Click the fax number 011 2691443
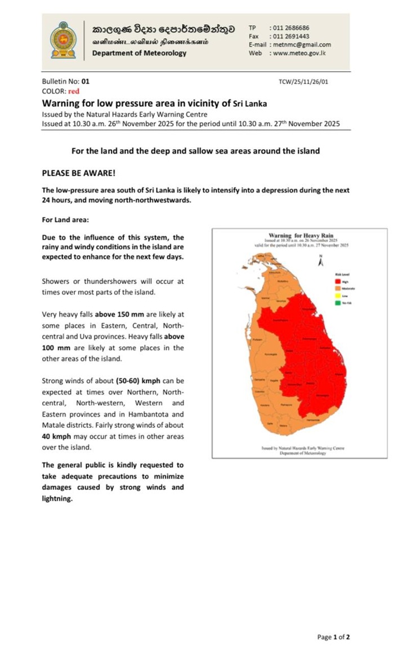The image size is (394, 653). tap(291, 36)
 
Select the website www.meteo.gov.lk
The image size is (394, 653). tap(299, 53)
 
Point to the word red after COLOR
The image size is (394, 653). tap(73, 91)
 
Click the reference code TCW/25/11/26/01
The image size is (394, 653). tap(303, 82)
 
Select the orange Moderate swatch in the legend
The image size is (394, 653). tap(338, 288)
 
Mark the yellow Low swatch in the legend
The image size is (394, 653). tap(338, 296)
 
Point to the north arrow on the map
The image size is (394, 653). tap(320, 263)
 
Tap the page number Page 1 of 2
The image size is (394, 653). tap(333, 637)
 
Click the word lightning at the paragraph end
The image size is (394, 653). tap(57, 498)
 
